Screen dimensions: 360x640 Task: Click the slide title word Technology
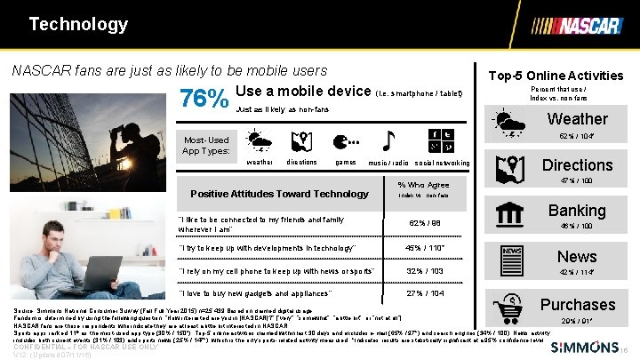(78, 23)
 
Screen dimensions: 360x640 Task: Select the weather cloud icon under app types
(260, 141)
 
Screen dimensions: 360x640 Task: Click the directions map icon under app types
(300, 141)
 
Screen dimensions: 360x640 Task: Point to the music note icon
(388, 141)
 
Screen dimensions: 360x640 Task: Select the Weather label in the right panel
(577, 119)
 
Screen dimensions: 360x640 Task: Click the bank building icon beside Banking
(512, 214)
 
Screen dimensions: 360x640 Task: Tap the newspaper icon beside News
(512, 257)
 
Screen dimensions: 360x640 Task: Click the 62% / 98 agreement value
(424, 222)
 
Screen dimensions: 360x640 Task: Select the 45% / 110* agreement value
(424, 246)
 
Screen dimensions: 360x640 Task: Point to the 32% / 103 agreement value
(424, 270)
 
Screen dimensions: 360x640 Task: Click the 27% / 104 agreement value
(424, 293)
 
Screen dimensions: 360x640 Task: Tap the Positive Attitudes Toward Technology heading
(279, 194)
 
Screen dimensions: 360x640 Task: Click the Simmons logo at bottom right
(580, 346)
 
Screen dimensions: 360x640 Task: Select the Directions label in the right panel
(577, 165)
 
